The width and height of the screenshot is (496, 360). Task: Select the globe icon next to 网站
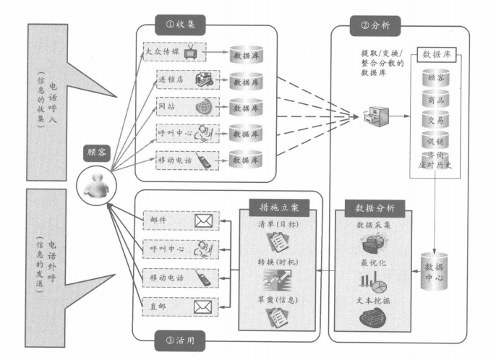pyautogui.click(x=203, y=106)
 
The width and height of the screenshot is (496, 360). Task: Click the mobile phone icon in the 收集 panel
pyautogui.click(x=203, y=159)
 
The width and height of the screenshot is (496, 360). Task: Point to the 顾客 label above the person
pyautogui.click(x=96, y=153)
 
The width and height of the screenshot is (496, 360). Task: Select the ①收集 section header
pyautogui.click(x=180, y=24)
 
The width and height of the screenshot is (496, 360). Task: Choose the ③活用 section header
pyautogui.click(x=180, y=338)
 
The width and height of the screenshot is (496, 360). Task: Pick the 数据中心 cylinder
pyautogui.click(x=435, y=266)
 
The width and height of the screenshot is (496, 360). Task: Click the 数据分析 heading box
pyautogui.click(x=373, y=207)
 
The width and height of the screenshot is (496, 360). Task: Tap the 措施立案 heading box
pyautogui.click(x=278, y=207)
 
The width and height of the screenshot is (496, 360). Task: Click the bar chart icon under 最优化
pyautogui.click(x=374, y=279)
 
